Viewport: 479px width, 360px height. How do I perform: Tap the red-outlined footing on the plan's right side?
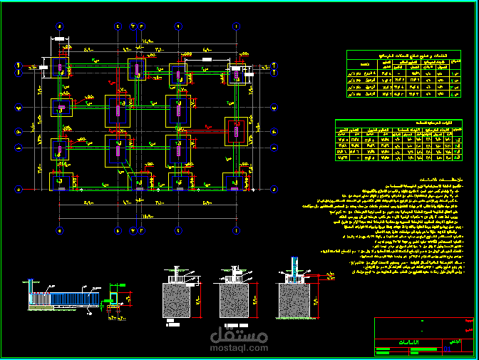pyautogui.click(x=235, y=130)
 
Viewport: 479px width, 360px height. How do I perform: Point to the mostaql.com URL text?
pyautogui.click(x=239, y=348)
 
